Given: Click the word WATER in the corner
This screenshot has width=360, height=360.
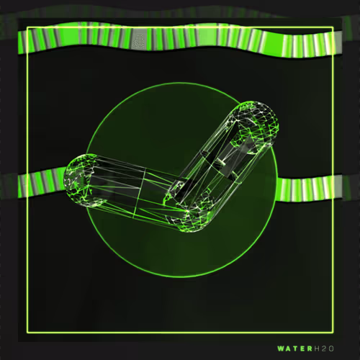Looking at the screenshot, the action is coord(295,348).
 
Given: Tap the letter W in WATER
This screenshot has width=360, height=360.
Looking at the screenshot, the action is coord(282,348).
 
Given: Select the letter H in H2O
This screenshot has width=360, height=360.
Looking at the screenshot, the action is coord(317,348).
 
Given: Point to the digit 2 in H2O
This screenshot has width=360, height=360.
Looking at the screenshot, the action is coord(324,348).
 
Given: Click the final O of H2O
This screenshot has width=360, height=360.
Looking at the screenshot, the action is coord(331,348).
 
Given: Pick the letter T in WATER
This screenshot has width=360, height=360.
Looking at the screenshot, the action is coord(296,348).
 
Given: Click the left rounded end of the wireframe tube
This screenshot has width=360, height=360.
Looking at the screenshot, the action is coord(77,180).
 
